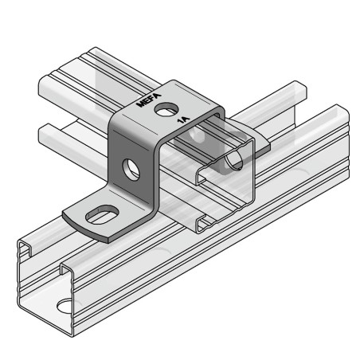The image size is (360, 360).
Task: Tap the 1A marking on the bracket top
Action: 182,119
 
